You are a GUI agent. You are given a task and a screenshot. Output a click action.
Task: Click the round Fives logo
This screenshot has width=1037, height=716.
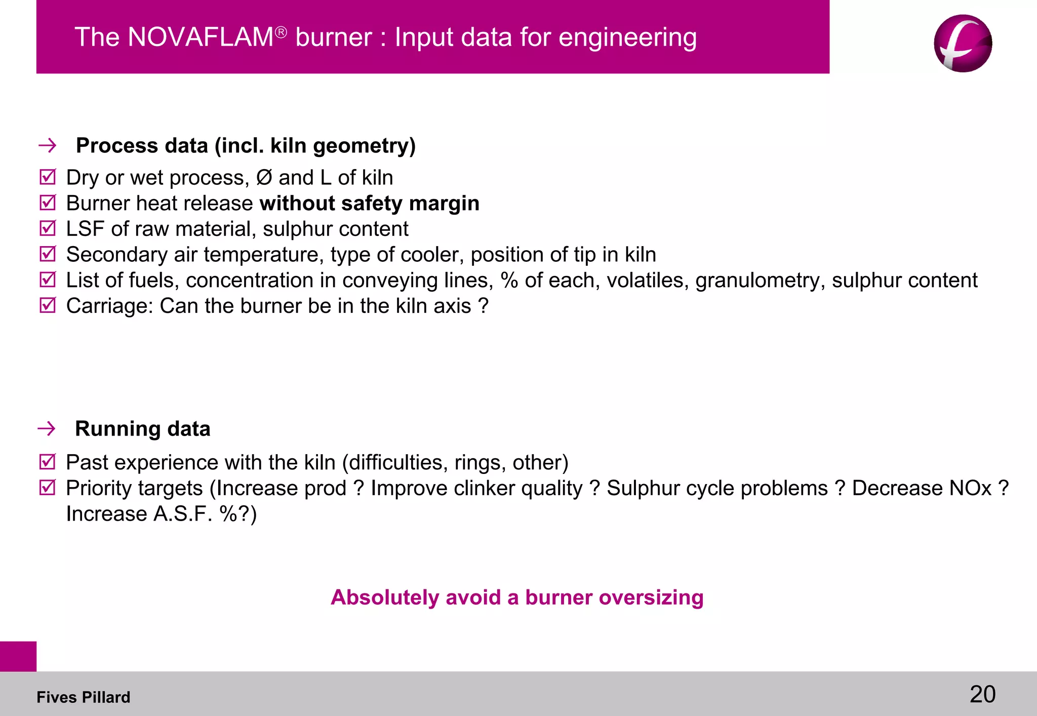click(x=963, y=44)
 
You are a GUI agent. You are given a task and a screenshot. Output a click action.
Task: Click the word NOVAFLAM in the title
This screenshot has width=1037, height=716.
click(x=201, y=37)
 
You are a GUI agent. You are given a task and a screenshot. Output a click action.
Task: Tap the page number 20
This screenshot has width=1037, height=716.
click(x=982, y=694)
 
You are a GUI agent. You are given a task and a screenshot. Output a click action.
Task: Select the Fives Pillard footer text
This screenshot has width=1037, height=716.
click(x=83, y=697)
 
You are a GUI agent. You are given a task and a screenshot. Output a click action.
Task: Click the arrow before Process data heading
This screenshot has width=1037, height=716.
click(x=48, y=146)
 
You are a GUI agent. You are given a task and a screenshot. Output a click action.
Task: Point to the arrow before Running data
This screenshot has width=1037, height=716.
click(x=47, y=429)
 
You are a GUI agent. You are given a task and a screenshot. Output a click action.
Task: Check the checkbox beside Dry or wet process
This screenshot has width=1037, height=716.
click(x=48, y=177)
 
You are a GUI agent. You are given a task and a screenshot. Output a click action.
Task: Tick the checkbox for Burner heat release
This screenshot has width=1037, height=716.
click(x=48, y=203)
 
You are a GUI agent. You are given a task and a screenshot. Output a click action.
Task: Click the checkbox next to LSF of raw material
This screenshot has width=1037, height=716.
click(x=48, y=228)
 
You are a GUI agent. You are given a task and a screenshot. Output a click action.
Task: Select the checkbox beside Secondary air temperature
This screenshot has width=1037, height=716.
click(x=48, y=254)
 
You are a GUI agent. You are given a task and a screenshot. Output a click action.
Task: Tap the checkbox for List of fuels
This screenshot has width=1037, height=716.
click(x=48, y=280)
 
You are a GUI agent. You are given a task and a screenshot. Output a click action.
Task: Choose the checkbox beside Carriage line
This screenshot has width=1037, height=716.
click(x=48, y=305)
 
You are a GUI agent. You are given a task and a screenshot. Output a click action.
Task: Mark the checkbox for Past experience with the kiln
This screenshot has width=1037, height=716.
click(x=48, y=462)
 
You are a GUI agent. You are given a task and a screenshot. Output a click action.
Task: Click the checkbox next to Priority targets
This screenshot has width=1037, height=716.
click(x=48, y=488)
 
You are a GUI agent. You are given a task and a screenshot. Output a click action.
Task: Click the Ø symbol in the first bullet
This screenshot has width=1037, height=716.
click(x=264, y=178)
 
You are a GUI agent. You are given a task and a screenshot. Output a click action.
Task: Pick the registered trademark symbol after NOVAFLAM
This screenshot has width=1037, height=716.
click(x=281, y=32)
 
